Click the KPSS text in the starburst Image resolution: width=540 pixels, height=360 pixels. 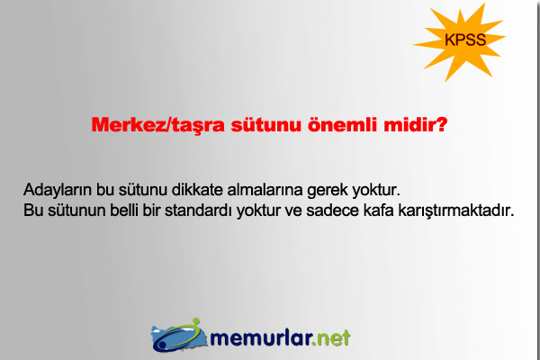[x=465, y=40]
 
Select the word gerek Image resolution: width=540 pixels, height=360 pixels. [x=332, y=192]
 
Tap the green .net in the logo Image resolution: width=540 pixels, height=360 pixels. [x=332, y=337]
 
